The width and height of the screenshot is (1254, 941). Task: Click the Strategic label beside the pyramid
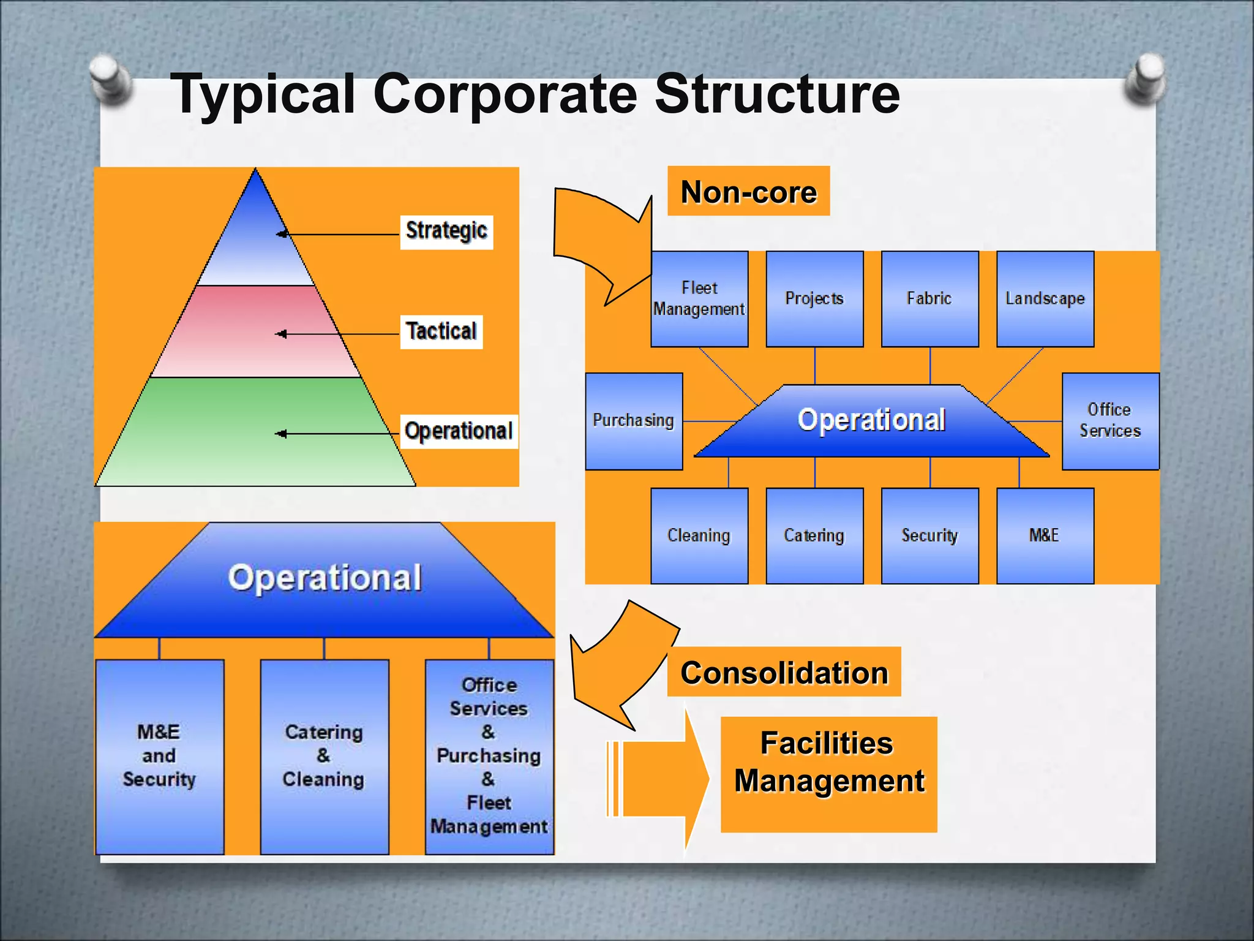coord(446,232)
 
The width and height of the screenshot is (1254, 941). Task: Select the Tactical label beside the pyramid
coord(441,331)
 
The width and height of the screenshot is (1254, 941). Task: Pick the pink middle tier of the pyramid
coord(256,331)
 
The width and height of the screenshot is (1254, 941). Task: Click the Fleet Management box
coord(699,299)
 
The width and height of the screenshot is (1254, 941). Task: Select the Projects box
coord(814,299)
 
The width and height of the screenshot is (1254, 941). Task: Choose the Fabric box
coord(929,299)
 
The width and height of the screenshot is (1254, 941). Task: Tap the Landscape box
coord(1045,299)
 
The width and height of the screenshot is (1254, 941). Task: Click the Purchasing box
coord(634,421)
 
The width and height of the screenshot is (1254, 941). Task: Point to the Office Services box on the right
coord(1110,421)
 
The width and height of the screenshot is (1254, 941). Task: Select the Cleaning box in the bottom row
coord(699,535)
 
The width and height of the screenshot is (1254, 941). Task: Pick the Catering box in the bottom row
coord(814,535)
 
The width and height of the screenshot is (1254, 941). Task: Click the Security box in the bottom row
coord(929,535)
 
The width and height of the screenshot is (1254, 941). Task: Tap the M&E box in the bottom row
coord(1045,535)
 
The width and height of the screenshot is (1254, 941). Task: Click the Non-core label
coord(748,192)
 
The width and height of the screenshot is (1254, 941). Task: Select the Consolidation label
coord(784,672)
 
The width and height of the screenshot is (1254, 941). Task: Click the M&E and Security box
coord(160,757)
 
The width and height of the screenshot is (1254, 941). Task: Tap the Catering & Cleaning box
coord(325,757)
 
